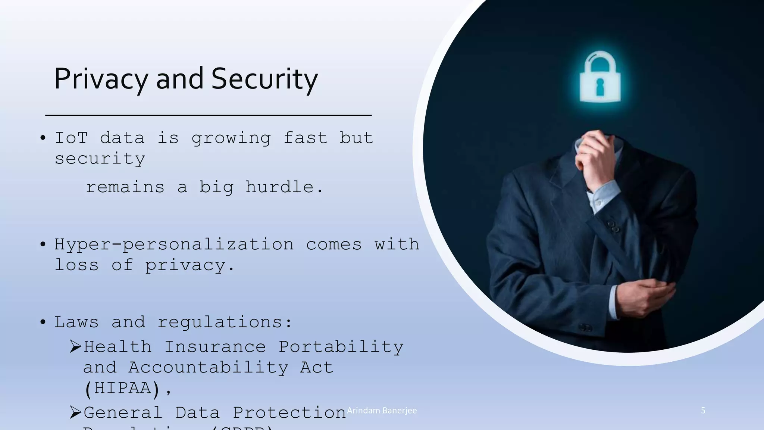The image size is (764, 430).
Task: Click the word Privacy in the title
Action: pyautogui.click(x=101, y=79)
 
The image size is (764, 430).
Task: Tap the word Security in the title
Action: pyautogui.click(x=264, y=79)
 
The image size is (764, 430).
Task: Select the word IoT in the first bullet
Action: pyautogui.click(x=71, y=138)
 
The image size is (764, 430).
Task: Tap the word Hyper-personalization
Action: pyautogui.click(x=174, y=245)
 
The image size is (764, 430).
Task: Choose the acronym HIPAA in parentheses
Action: pyautogui.click(x=122, y=388)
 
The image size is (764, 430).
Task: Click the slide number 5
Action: pyautogui.click(x=703, y=411)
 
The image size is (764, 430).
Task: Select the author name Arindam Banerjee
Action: pyautogui.click(x=382, y=411)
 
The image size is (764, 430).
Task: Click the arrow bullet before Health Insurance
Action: pyautogui.click(x=75, y=347)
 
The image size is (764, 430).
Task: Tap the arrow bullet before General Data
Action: pyautogui.click(x=75, y=412)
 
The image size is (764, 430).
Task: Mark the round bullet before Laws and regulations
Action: pyautogui.click(x=43, y=322)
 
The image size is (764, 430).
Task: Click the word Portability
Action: pyautogui.click(x=341, y=347)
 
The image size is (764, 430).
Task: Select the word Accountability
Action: pyautogui.click(x=209, y=368)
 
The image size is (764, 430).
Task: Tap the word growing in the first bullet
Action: pyautogui.click(x=231, y=138)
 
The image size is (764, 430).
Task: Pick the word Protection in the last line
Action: pyautogui.click(x=289, y=412)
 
